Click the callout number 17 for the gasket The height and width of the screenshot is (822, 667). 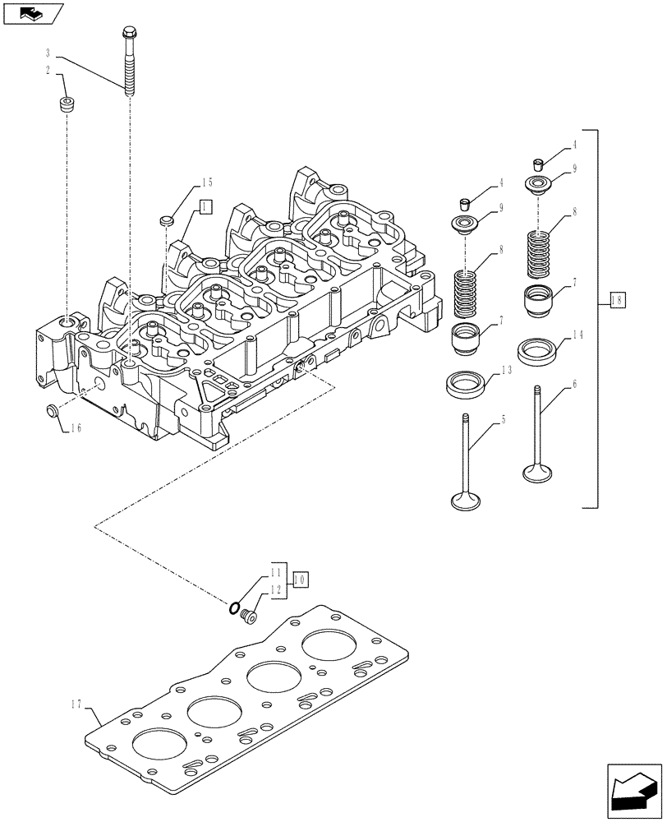tap(76, 703)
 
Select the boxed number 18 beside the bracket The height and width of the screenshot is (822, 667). tap(617, 301)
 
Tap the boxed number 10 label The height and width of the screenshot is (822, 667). tap(300, 579)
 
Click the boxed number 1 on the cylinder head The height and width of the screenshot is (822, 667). tap(205, 206)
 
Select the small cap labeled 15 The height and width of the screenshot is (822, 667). tap(167, 219)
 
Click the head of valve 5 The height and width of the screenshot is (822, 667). tap(467, 499)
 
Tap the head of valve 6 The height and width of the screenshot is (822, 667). tap(537, 473)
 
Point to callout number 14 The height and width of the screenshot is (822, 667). tap(577, 335)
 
